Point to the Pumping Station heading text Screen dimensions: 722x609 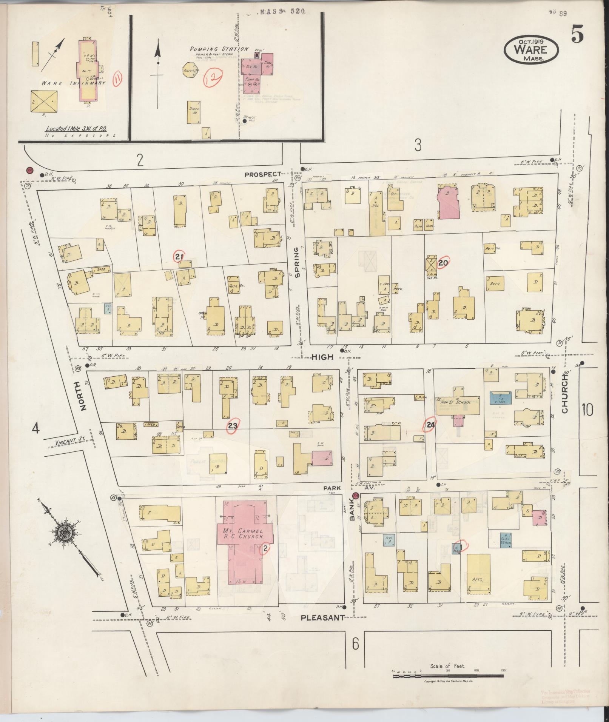(219, 49)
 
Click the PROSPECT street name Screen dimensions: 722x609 (263, 174)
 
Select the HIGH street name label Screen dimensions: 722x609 (323, 356)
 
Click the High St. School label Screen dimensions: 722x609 (457, 402)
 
